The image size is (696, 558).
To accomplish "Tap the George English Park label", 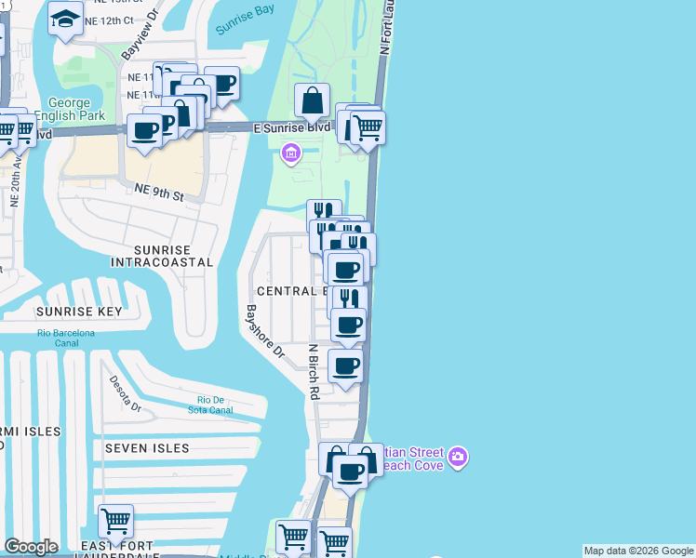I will [62, 109].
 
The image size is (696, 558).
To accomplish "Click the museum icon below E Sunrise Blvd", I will [290, 153].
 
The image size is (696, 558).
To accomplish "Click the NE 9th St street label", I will [159, 191].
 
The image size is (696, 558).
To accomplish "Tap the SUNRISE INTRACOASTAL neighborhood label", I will [161, 257].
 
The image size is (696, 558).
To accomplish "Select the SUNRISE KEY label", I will [79, 312].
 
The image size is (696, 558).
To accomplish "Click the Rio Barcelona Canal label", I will [66, 338].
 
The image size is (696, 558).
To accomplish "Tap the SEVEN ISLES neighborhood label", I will [147, 448].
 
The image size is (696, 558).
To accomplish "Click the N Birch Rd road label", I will [314, 372].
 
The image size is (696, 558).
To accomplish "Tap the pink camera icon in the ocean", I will [457, 457].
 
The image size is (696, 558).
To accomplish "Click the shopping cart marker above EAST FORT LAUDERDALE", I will [115, 521].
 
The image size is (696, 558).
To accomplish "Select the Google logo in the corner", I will [31, 547].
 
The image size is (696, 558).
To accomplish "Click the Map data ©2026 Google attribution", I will [638, 551].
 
